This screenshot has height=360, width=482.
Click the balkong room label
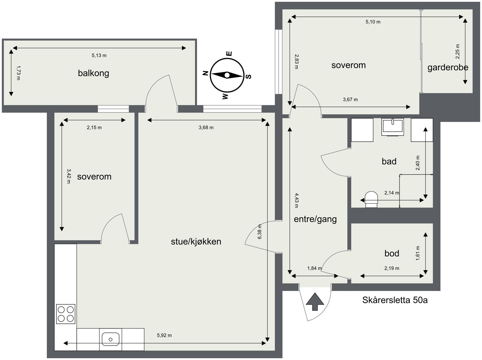pyautogui.click(x=93, y=73)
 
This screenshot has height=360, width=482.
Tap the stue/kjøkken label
pyautogui.click(x=196, y=242)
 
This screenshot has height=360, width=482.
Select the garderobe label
pyautogui.click(x=448, y=67)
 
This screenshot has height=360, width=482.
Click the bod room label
pyautogui.click(x=392, y=253)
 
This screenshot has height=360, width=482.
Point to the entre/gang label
pyautogui.click(x=315, y=219)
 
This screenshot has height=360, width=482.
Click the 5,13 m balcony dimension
pyautogui.click(x=99, y=55)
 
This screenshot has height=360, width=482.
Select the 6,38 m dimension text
pyautogui.click(x=260, y=232)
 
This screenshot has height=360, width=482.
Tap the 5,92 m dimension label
pyautogui.click(x=164, y=335)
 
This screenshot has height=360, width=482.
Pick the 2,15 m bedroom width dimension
pyautogui.click(x=94, y=128)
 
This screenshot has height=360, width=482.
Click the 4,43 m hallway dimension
pyautogui.click(x=296, y=201)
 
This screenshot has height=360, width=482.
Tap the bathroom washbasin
pyautogui.click(x=393, y=126)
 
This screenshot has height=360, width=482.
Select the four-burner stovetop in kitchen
pyautogui.click(x=66, y=314)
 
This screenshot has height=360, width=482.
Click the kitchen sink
pyautogui.click(x=111, y=339)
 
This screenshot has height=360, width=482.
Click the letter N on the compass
pyautogui.click(x=205, y=73)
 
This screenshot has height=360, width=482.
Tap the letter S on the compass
pyautogui.click(x=249, y=77)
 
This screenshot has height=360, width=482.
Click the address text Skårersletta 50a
pyautogui.click(x=395, y=300)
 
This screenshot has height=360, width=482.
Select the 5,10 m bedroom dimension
pyautogui.click(x=373, y=22)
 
